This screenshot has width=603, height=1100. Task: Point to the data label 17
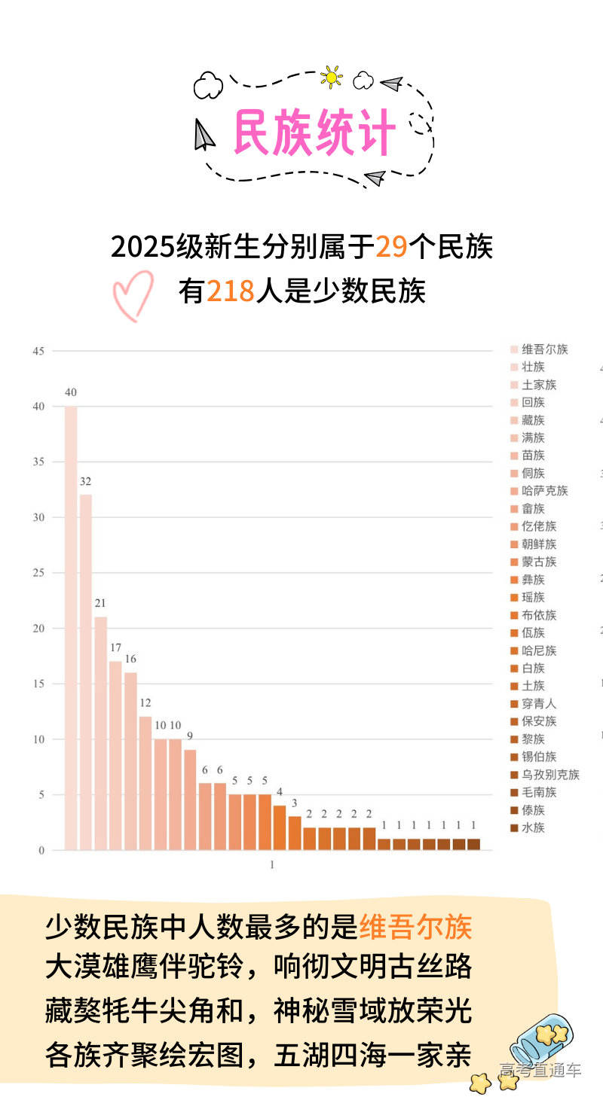pos(115,648)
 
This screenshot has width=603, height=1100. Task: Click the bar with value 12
pos(145,783)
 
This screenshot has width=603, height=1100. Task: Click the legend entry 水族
pos(533,828)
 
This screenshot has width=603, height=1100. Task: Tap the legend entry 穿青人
pos(538,704)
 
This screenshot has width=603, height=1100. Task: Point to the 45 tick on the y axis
pos(38,351)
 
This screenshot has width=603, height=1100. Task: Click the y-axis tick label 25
pos(38,573)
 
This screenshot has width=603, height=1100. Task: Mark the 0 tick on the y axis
pos(41,851)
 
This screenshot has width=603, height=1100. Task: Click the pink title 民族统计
pos(314,133)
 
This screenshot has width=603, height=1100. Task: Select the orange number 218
pos(230,291)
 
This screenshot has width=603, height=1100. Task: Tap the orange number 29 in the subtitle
pos(391,246)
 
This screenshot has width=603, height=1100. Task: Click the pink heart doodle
pos(133,295)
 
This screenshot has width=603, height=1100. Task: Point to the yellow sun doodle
pos(331,77)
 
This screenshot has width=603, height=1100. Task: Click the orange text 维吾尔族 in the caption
pos(415,928)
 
